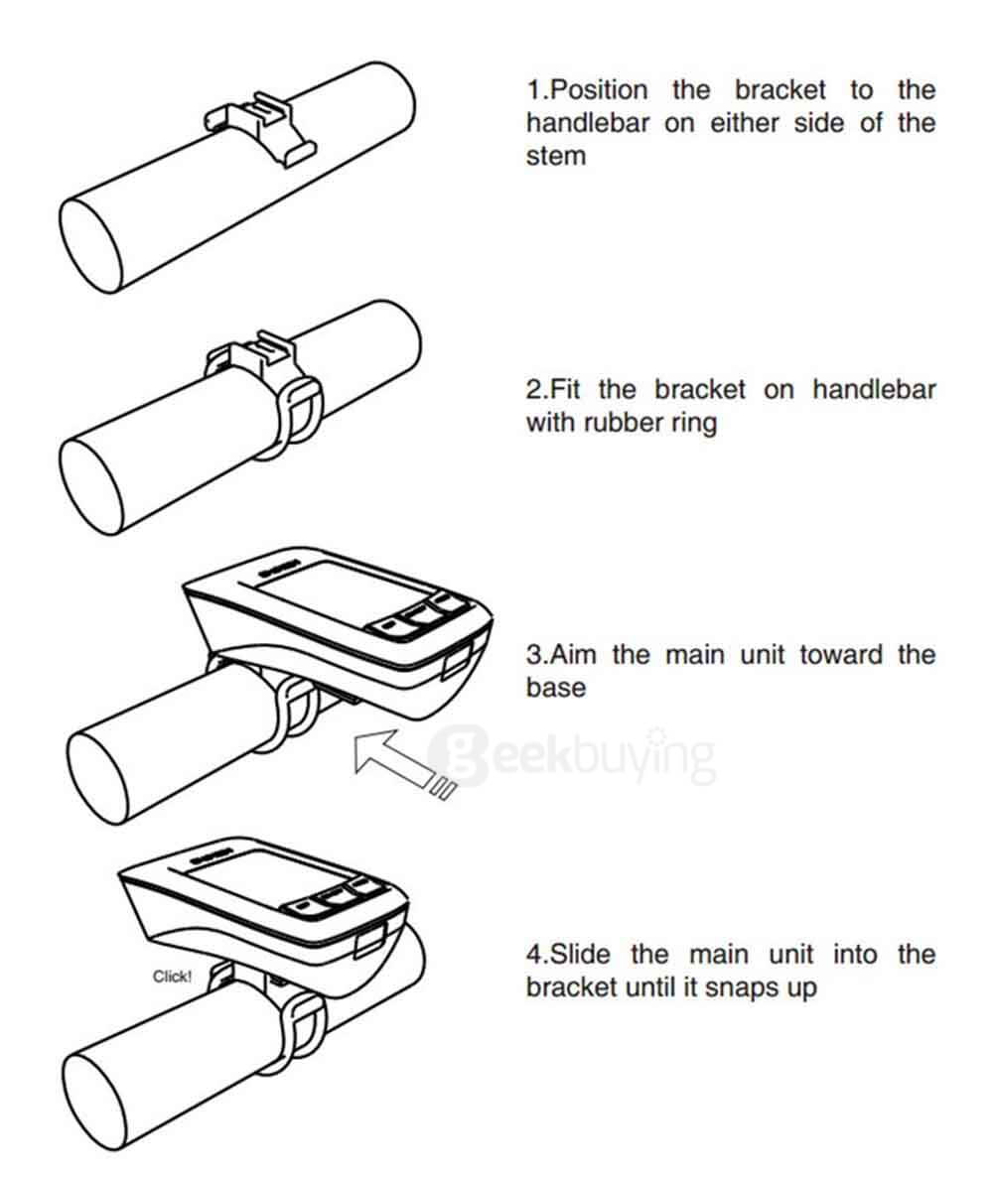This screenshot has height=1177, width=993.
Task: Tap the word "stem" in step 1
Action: point(555,157)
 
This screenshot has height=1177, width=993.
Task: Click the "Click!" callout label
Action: point(172,977)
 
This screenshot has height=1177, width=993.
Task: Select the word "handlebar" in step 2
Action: point(874,389)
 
